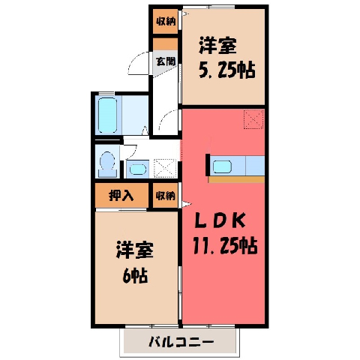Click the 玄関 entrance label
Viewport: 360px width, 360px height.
tap(166, 61)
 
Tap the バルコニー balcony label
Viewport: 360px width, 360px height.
tap(181, 342)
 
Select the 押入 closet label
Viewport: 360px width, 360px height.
tap(121, 195)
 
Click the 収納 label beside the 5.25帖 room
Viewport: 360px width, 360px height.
tap(166, 22)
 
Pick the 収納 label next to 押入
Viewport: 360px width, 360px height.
tap(166, 196)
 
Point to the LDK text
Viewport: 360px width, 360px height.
tap(220, 221)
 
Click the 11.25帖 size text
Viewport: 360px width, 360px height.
tap(225, 246)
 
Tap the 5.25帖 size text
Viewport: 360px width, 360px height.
tap(227, 69)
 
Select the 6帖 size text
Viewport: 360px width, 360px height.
tap(135, 275)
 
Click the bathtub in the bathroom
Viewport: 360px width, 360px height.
tap(107, 115)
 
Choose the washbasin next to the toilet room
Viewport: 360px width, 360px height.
tap(138, 169)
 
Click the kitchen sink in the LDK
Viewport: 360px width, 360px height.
tap(222, 166)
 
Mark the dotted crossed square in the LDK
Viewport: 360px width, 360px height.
tap(253, 119)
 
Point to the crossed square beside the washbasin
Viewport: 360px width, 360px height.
tap(165, 168)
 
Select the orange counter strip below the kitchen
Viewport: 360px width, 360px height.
tap(236, 179)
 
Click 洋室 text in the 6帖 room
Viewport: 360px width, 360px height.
tap(135, 250)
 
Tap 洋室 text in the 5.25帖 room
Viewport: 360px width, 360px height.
tap(217, 46)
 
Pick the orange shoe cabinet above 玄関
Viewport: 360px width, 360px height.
tap(165, 44)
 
